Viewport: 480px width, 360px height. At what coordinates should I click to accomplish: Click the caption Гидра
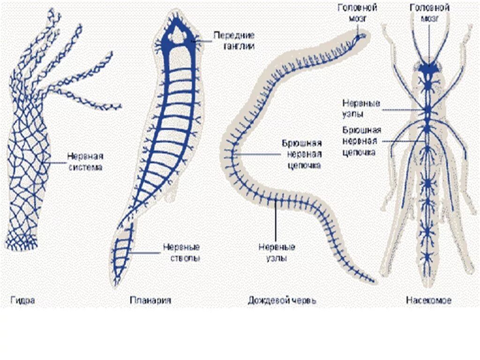coord(22,300)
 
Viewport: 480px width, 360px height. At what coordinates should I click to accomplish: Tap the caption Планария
coord(150,300)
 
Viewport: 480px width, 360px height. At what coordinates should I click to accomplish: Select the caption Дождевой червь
coord(282,300)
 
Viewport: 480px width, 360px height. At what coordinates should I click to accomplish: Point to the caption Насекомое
coord(428,300)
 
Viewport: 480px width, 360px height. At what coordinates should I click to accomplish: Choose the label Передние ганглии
coord(234,41)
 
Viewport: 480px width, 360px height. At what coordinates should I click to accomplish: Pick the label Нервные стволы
coord(181,252)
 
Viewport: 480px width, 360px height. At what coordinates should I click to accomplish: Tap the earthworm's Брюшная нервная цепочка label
coord(301,154)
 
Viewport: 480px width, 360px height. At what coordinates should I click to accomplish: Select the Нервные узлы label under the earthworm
coord(277,252)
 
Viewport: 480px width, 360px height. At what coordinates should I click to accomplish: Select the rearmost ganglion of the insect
coord(427,255)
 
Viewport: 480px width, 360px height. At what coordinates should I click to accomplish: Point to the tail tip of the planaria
coord(116,283)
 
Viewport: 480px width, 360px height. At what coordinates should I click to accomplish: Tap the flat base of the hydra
coord(21,245)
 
